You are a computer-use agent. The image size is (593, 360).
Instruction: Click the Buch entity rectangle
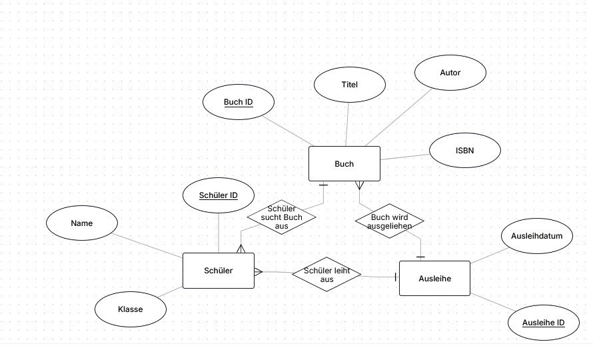(x=344, y=163)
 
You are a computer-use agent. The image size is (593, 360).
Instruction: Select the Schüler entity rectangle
(x=219, y=271)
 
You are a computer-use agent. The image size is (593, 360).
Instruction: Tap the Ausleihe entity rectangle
(x=434, y=278)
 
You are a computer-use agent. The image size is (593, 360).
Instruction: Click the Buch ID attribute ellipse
(x=239, y=102)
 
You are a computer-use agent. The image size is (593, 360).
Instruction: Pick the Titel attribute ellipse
(x=349, y=85)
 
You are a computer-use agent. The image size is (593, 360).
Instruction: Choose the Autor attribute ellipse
(x=450, y=72)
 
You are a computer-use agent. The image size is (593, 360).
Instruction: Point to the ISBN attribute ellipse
(x=465, y=150)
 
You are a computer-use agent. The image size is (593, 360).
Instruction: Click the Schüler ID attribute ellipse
(x=219, y=195)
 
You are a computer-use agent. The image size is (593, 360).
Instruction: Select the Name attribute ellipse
(x=82, y=223)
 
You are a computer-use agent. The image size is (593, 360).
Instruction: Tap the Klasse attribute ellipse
(x=130, y=309)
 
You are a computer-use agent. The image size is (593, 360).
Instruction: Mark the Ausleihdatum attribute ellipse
(x=536, y=236)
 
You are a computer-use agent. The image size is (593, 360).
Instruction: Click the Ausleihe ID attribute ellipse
(x=544, y=323)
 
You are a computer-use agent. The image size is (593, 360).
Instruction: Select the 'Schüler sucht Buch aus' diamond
(x=281, y=217)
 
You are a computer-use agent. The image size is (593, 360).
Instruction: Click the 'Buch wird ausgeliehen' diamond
(x=390, y=221)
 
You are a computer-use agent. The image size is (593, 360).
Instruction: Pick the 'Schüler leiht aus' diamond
(x=326, y=275)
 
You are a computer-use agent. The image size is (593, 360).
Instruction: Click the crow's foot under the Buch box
(x=359, y=185)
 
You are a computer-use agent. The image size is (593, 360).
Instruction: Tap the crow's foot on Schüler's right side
(x=259, y=272)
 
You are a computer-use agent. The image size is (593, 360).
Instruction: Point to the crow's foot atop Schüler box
(x=241, y=249)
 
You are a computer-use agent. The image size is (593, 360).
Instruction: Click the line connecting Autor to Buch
(x=398, y=117)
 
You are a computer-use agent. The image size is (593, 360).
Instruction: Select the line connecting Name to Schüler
(x=147, y=246)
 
